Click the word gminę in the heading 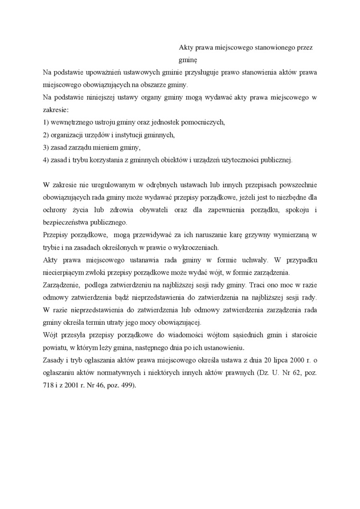(x=187, y=61)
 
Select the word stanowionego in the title (x=275, y=48)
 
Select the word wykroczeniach (x=196, y=247)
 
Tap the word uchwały (x=256, y=260)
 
